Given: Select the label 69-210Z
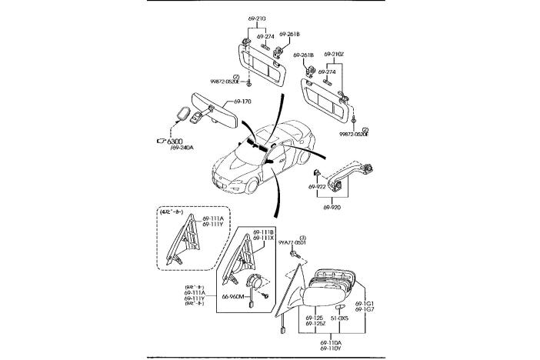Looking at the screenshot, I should [334, 53].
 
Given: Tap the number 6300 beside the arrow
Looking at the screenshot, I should [175, 142].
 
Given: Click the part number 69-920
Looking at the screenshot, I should [332, 207].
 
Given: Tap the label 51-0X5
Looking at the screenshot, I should [340, 317].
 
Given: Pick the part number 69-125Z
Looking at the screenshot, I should [315, 324].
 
